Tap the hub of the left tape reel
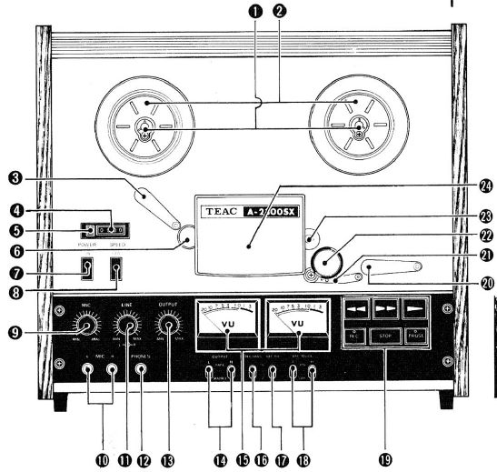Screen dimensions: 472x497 tap(145, 127)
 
